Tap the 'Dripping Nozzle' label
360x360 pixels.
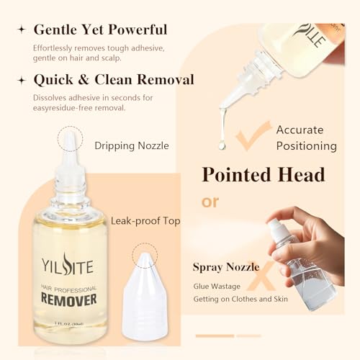pyautogui.click(x=132, y=145)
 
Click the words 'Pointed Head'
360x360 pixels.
pyautogui.click(x=263, y=175)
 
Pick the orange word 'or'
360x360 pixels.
pyautogui.click(x=210, y=202)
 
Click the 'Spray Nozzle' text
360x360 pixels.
pyautogui.click(x=229, y=267)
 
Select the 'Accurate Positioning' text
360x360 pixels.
pyautogui.click(x=306, y=138)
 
